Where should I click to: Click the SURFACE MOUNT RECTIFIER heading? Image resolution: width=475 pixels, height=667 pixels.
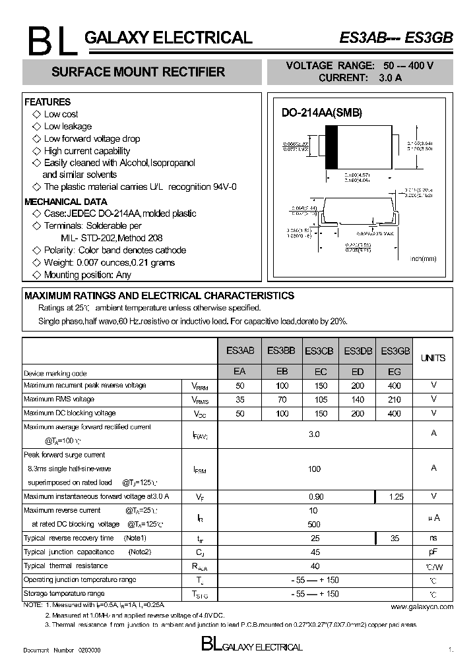(x=138, y=72)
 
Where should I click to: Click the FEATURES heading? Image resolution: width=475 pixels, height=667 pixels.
(x=47, y=102)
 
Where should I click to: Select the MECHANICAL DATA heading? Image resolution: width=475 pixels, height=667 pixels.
(x=65, y=202)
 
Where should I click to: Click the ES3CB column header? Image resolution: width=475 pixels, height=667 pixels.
(x=319, y=352)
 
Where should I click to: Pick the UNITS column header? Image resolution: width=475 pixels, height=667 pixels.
(x=433, y=358)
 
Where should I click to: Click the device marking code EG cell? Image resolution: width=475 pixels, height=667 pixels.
(x=395, y=372)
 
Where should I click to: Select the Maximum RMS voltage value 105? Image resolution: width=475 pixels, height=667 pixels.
(x=320, y=399)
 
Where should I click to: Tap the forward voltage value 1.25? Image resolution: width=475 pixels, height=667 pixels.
(x=395, y=496)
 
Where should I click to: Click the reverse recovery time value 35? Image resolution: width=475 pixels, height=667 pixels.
(x=395, y=538)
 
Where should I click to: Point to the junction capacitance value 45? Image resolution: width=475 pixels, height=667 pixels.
(x=315, y=552)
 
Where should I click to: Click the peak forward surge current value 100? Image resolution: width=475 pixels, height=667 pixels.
(x=315, y=469)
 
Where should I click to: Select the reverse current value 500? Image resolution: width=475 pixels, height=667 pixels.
(x=315, y=525)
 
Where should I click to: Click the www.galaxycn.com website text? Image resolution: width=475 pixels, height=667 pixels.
(x=422, y=606)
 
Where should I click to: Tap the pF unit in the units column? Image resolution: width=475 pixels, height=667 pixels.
(x=433, y=552)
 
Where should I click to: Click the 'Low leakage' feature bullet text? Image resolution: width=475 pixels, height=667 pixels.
(x=67, y=127)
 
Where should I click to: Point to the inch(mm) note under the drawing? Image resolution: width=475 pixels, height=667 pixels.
(x=424, y=259)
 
